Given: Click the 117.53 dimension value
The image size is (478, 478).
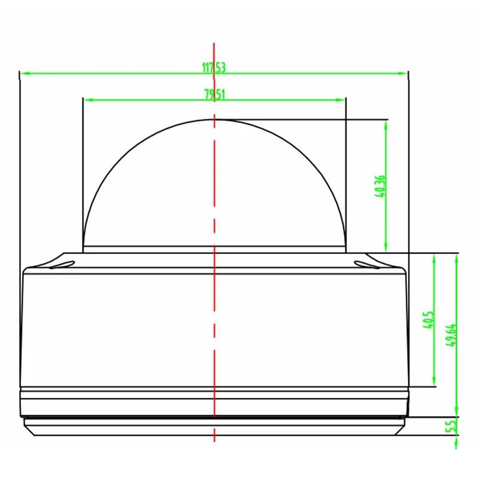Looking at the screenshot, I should [214, 68].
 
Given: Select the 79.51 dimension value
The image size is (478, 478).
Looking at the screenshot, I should [215, 94].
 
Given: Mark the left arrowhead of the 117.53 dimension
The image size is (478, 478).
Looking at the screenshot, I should [23, 73].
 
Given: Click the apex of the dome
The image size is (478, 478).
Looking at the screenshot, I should [214, 119].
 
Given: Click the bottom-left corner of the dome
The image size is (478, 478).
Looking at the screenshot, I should [83, 247].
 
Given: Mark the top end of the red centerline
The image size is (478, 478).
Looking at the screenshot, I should [214, 43].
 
